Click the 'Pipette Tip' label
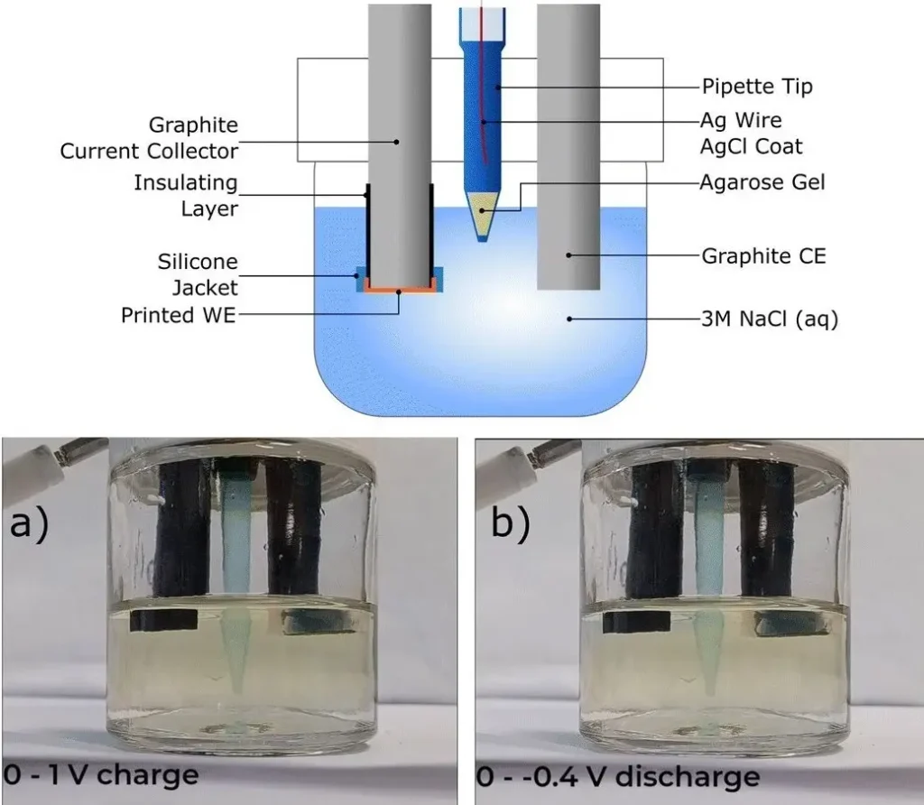757,87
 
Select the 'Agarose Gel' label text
762,183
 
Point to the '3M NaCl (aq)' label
770,318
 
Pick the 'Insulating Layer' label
185,196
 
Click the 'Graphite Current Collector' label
149,137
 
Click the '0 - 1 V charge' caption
101,774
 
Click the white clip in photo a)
30,465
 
